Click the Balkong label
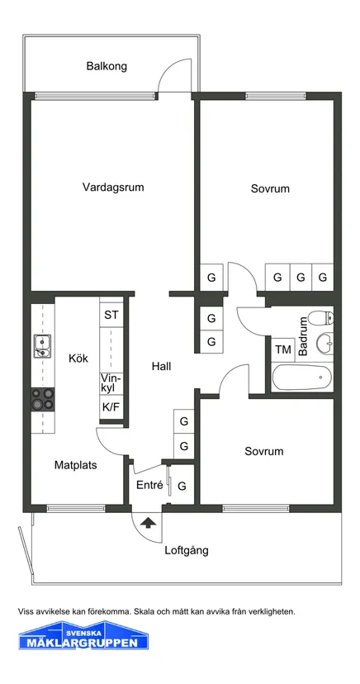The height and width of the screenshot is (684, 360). tap(107, 66)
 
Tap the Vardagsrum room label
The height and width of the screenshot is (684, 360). tap(113, 188)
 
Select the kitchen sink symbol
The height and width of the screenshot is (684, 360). tap(42, 345)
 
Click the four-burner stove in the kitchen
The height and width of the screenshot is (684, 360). tap(43, 399)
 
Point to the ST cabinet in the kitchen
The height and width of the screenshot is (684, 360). tap(111, 315)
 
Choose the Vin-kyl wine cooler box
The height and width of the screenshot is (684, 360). tap(111, 384)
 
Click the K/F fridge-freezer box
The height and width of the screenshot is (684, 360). tap(111, 407)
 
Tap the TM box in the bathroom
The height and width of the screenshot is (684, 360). tap(283, 350)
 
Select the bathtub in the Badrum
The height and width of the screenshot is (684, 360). tap(301, 378)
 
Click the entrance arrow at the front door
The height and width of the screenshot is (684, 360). tap(149, 522)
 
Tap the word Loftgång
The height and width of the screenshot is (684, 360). tap(187, 550)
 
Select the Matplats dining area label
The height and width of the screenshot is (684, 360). tap(75, 465)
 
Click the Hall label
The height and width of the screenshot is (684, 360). tap(161, 367)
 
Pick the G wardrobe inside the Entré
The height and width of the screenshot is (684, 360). tap(182, 486)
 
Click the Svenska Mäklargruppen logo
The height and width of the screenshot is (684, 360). tap(83, 635)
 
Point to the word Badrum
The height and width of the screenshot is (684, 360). tap(304, 336)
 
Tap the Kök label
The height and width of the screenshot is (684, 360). tap(78, 359)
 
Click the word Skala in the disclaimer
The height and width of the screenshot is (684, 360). tap(144, 611)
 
